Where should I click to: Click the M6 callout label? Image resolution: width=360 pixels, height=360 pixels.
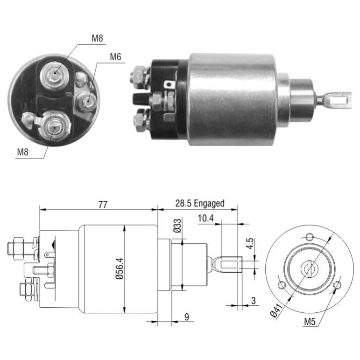point(115,57)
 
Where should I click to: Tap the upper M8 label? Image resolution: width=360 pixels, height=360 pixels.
point(97,38)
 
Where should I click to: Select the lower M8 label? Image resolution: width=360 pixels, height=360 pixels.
point(23,152)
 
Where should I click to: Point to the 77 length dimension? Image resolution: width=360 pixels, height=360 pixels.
point(103,205)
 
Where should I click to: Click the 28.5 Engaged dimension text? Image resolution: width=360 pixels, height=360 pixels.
point(200,204)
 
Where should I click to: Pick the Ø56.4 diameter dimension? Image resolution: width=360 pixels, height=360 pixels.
point(120,268)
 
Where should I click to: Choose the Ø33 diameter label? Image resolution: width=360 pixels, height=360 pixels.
point(177,226)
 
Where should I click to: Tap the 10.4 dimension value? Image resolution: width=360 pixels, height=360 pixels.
point(206,219)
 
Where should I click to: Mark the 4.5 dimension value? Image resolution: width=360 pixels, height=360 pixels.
point(250,244)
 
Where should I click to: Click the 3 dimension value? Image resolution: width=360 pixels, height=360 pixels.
point(253,301)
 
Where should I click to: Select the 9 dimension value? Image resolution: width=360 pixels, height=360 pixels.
point(187,317)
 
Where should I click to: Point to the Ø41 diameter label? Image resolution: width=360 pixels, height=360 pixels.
point(276,311)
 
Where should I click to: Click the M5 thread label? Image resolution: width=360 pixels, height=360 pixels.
point(310,322)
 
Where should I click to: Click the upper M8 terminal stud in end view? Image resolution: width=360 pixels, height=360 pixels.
point(55,75)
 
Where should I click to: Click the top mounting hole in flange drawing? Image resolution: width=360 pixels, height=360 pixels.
point(310,236)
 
